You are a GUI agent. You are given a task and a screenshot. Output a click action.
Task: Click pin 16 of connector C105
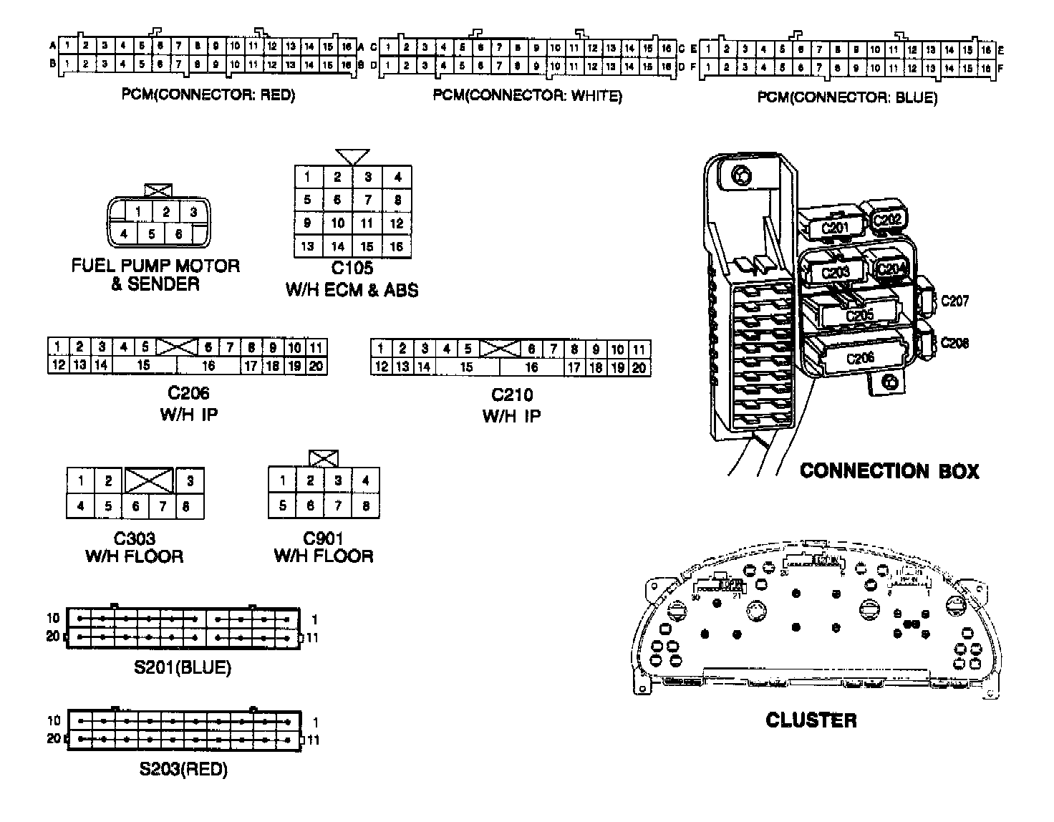397,246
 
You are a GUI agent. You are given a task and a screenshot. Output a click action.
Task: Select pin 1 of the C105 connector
308,177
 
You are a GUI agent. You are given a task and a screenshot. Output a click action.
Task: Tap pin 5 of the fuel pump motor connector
152,233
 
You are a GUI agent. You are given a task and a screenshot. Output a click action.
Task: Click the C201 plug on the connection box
833,228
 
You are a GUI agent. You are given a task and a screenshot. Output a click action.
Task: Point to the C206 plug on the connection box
859,359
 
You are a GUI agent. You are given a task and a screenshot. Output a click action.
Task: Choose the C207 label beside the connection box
954,301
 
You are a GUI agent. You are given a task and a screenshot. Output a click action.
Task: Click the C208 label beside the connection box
954,343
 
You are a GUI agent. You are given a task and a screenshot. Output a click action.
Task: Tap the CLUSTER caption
811,720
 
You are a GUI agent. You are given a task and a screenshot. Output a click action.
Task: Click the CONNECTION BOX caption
889,470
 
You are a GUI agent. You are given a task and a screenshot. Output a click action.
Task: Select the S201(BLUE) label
183,668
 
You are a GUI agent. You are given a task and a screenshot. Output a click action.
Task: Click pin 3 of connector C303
190,480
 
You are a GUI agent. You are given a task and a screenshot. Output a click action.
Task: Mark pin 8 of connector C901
365,506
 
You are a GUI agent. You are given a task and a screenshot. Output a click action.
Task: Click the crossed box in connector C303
149,480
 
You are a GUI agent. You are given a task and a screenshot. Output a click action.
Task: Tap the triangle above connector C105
352,157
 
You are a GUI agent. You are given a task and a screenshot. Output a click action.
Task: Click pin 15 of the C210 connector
467,367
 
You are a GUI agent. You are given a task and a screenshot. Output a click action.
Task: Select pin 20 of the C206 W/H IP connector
316,367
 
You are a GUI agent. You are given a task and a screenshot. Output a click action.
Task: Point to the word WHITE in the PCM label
594,96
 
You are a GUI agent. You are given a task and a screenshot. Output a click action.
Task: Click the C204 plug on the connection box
891,269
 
